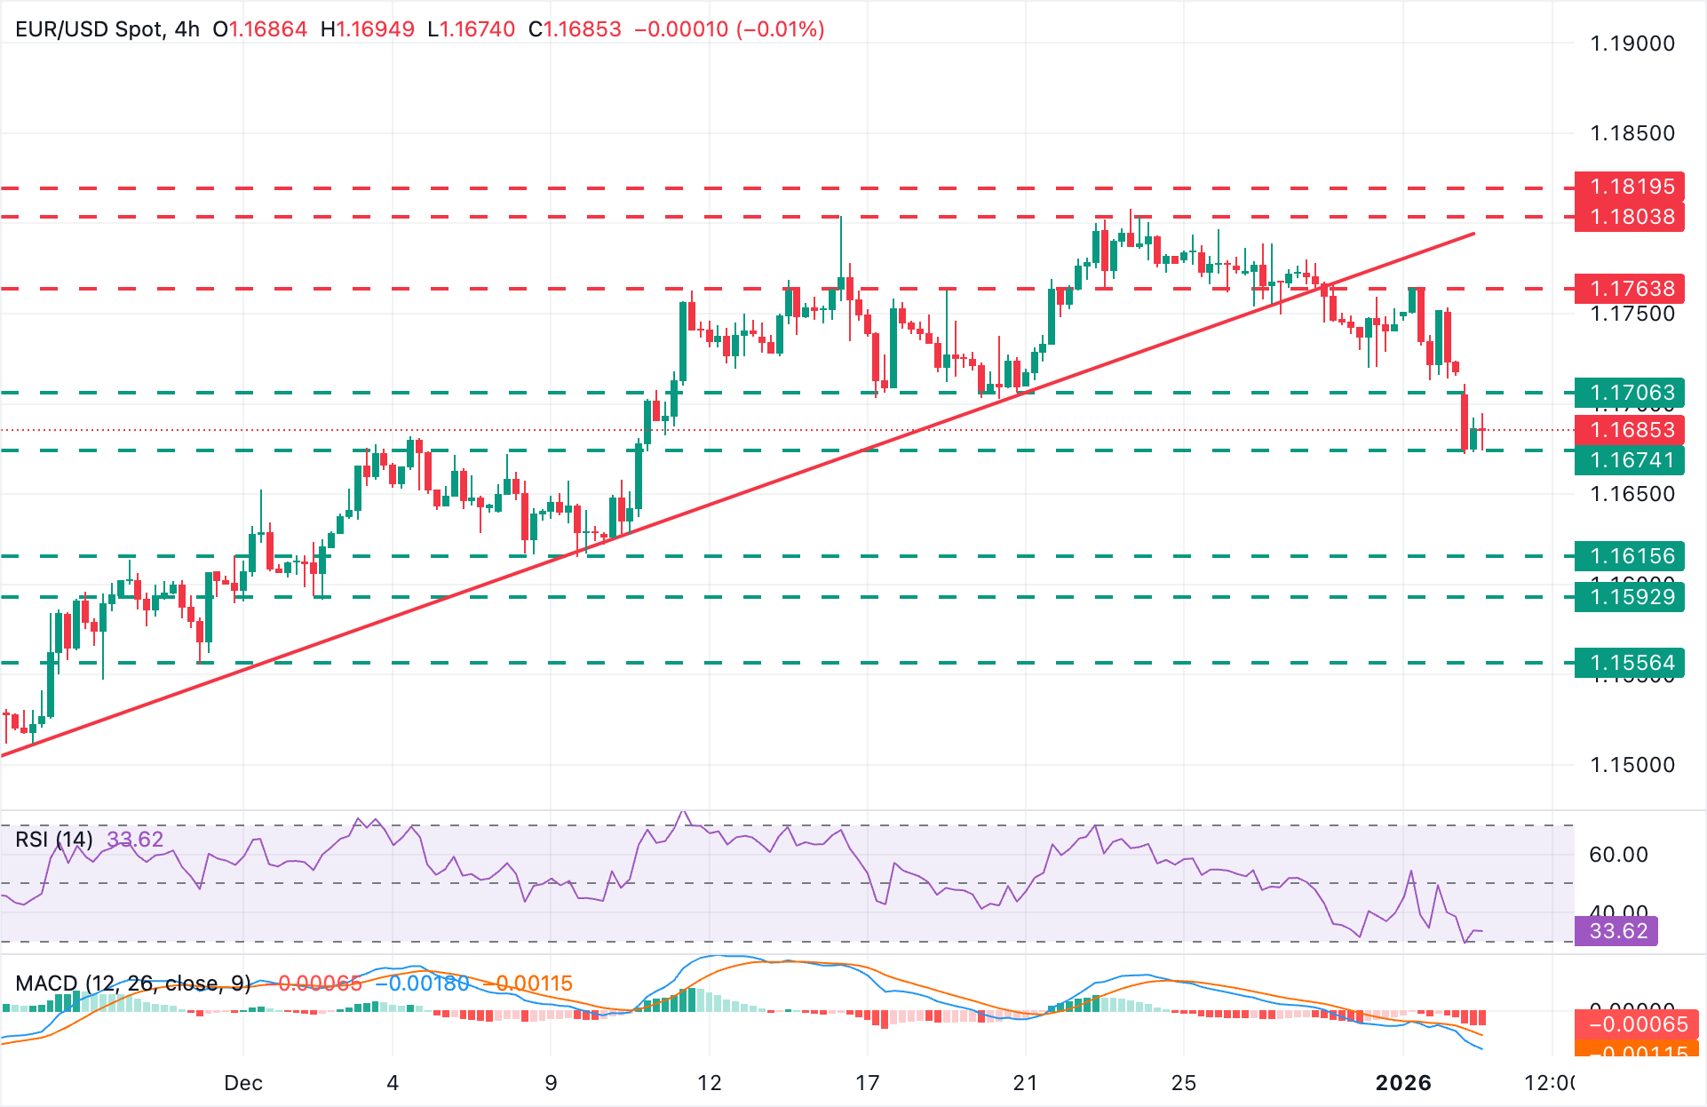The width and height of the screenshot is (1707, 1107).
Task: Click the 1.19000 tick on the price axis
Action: coord(1632,44)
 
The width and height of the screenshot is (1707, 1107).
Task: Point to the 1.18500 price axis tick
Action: coord(1632,133)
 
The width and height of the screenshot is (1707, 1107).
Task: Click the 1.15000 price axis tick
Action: coord(1632,765)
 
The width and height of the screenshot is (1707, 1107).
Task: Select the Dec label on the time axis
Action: coord(242,1083)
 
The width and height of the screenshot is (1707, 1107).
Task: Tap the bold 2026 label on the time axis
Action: coord(1403,1083)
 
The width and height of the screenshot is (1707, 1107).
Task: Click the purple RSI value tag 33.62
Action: coord(1616,931)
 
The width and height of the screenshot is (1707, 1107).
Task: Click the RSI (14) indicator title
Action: coord(54,840)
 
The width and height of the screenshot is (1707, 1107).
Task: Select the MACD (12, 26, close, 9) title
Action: coord(133,984)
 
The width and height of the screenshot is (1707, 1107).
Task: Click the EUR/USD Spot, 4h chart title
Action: coord(107,29)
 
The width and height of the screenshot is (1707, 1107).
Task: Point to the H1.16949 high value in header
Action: coord(367,29)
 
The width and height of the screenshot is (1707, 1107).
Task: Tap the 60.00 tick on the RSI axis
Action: coord(1617,855)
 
